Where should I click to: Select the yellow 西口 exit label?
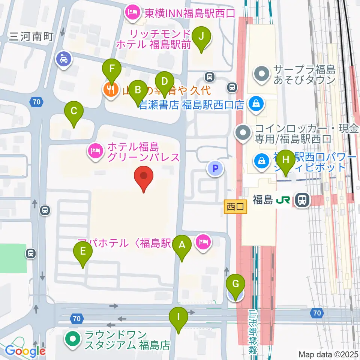(x=235, y=206)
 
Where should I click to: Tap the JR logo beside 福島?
(x=283, y=200)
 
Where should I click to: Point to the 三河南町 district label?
(x=31, y=36)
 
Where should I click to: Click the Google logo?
(x=25, y=351)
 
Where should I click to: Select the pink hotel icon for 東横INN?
(x=132, y=14)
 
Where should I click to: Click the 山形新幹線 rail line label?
(x=254, y=330)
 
